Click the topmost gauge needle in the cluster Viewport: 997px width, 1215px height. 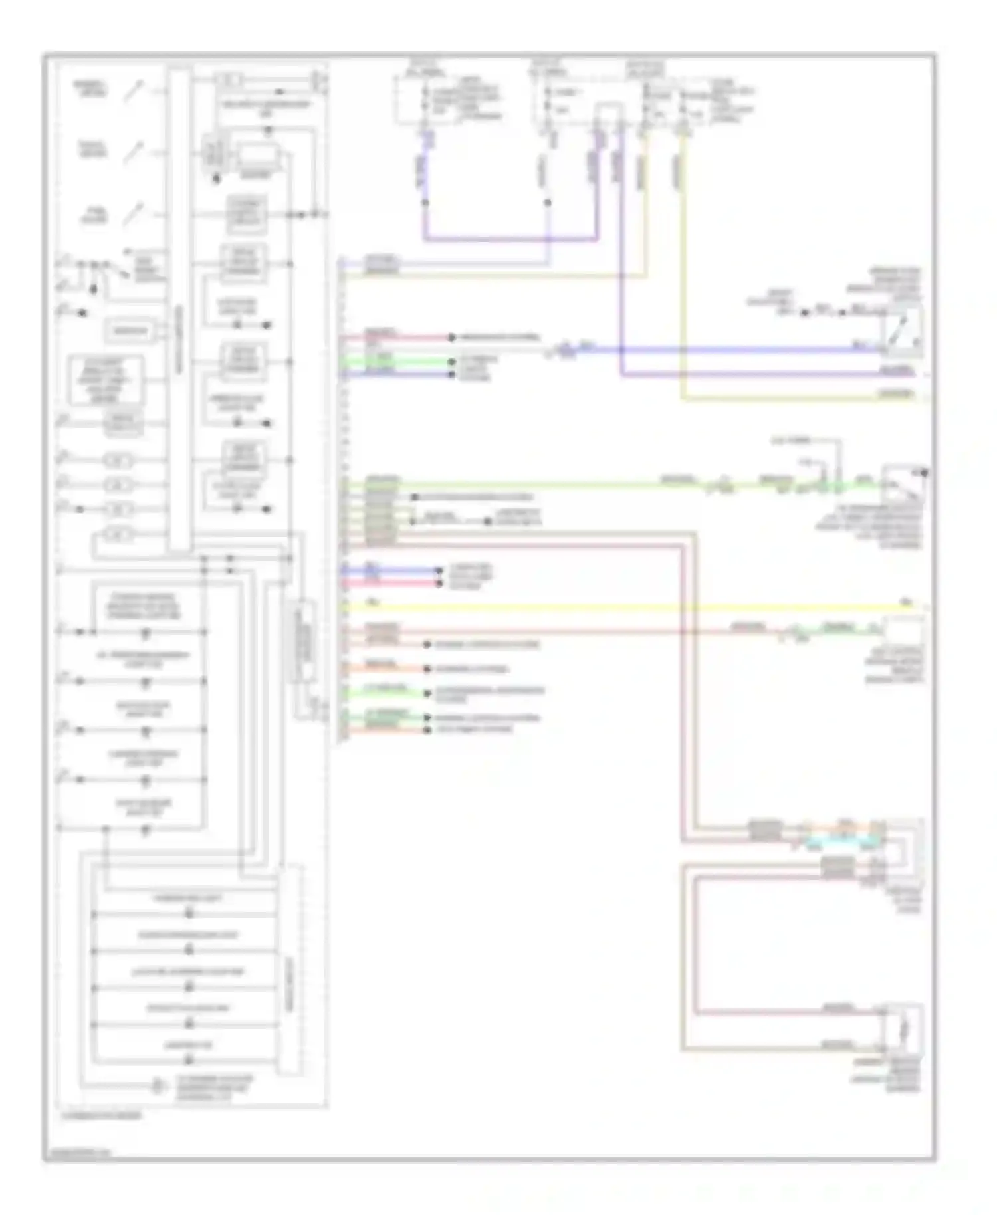click(x=134, y=90)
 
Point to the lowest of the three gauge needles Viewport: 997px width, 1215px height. click(x=135, y=214)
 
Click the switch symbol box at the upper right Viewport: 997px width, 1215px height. click(x=902, y=330)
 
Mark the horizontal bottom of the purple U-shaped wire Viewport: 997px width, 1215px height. click(x=510, y=238)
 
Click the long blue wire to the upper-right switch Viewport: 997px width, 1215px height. click(x=731, y=349)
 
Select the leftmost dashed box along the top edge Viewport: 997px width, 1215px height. click(x=425, y=100)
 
